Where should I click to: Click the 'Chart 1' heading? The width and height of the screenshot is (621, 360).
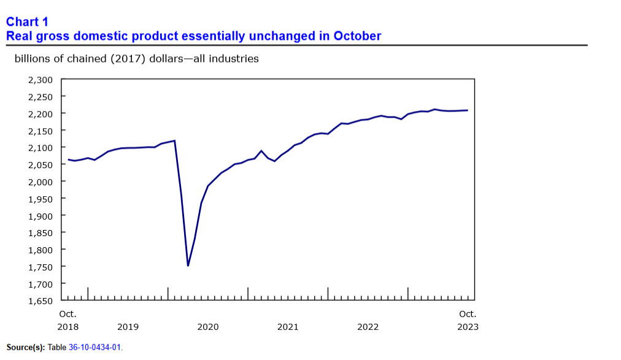pos(27,22)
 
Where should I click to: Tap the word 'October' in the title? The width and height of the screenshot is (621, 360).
pos(358,36)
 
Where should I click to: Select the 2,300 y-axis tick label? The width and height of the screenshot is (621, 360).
pos(40,80)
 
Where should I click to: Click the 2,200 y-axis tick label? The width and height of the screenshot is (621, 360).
pos(40,113)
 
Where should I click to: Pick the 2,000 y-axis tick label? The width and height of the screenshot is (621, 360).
pos(40,182)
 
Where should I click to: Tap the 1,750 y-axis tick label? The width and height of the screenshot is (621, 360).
pos(40,267)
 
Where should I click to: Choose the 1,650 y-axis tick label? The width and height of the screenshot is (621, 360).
pos(40,301)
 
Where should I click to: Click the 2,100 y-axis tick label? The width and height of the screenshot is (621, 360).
pos(40,148)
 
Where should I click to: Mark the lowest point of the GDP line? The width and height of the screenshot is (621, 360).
pos(188,266)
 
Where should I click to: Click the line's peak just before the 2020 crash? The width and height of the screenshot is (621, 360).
pos(175,140)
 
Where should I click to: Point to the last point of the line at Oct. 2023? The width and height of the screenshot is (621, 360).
pos(468,110)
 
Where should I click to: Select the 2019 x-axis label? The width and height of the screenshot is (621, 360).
pos(128,327)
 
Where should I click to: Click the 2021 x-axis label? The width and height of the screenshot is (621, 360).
pos(288,327)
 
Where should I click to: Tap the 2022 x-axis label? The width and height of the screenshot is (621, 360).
pos(368,327)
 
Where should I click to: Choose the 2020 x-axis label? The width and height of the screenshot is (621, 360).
pos(208,327)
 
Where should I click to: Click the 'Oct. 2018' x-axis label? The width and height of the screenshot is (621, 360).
pos(68,320)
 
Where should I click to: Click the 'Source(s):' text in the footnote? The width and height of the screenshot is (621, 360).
pos(25,348)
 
